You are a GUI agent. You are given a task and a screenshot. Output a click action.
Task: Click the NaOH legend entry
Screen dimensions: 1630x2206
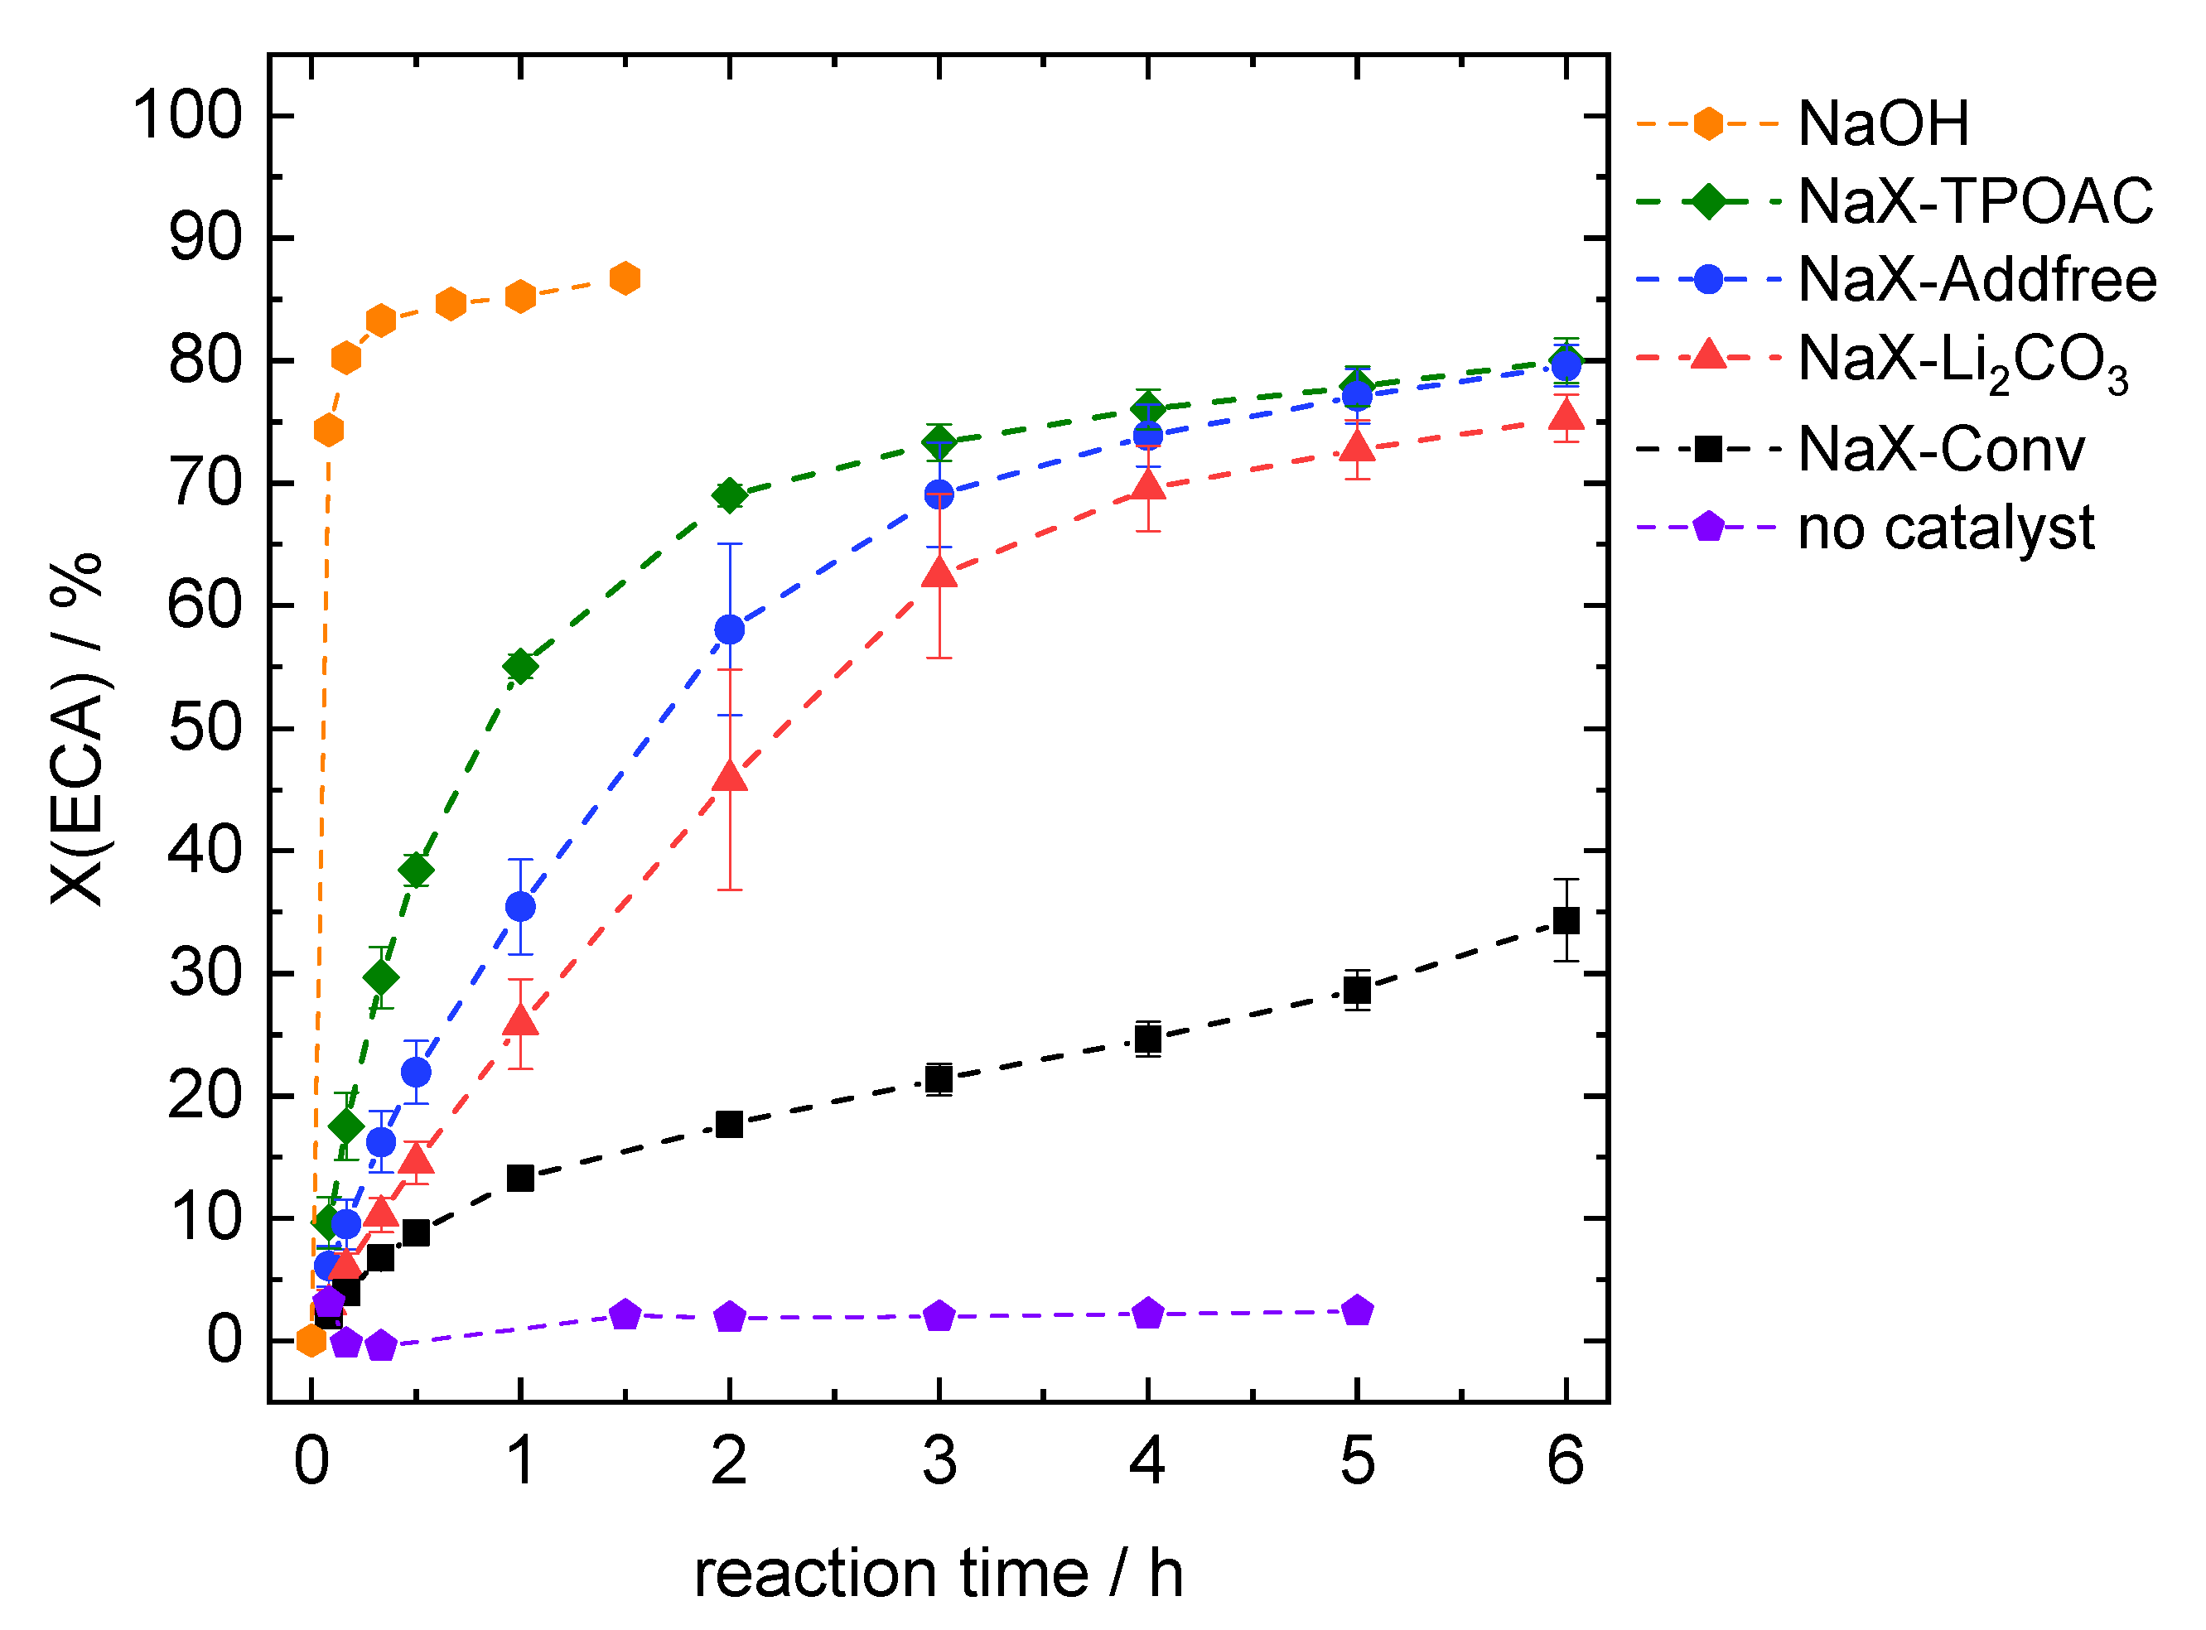pyautogui.click(x=1881, y=123)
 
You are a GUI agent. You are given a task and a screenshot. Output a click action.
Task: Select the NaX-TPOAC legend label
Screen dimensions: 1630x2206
pyautogui.click(x=1974, y=201)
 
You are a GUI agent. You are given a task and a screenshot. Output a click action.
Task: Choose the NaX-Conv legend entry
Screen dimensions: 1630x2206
pyautogui.click(x=1939, y=450)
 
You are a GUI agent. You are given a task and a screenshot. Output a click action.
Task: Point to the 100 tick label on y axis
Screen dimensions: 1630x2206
pyautogui.click(x=187, y=115)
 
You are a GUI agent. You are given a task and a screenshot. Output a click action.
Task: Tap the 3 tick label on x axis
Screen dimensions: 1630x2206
pyautogui.click(x=939, y=1461)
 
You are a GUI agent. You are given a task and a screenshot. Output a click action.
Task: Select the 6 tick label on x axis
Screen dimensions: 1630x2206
pyautogui.click(x=1566, y=1461)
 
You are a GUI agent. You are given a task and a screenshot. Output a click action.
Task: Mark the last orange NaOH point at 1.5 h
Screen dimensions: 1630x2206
pyautogui.click(x=625, y=278)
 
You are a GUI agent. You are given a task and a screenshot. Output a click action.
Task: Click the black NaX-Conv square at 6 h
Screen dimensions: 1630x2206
pyautogui.click(x=1566, y=920)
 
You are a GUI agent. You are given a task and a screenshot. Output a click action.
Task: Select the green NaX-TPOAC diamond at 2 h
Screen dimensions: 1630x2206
pyautogui.click(x=729, y=495)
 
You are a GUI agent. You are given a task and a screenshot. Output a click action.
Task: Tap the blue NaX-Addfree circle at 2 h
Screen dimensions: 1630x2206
pyautogui.click(x=729, y=629)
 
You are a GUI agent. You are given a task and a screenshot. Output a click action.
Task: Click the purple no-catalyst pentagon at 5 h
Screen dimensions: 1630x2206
pyautogui.click(x=1358, y=1311)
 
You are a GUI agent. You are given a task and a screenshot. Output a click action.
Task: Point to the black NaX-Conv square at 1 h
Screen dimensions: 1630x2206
pyautogui.click(x=520, y=1178)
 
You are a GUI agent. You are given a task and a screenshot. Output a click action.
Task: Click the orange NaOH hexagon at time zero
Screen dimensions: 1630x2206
pyautogui.click(x=311, y=1341)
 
